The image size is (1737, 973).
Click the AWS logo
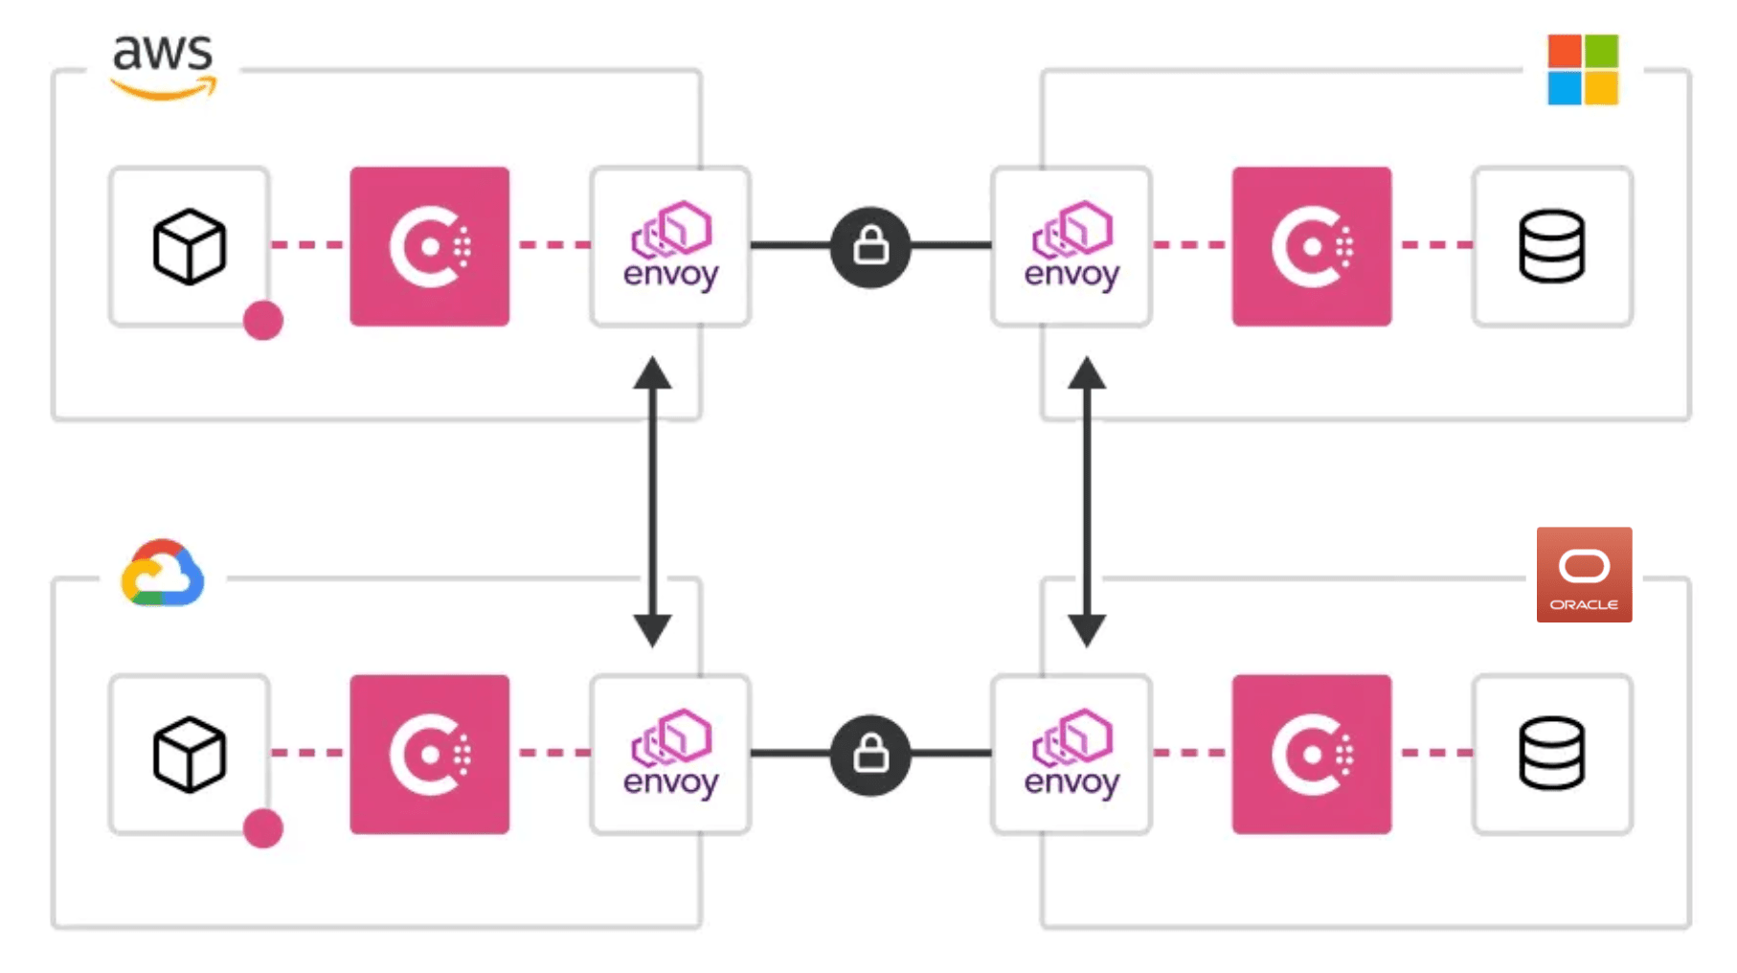(x=164, y=65)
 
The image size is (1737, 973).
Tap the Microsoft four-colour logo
(x=1583, y=69)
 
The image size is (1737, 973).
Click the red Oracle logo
(x=1584, y=575)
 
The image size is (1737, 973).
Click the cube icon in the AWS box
(x=190, y=246)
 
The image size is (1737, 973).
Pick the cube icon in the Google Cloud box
(x=190, y=754)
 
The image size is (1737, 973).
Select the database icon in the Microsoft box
(x=1551, y=246)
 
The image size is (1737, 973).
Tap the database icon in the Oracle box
(x=1551, y=754)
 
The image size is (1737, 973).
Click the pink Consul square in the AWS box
(x=429, y=246)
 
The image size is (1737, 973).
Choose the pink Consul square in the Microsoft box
(x=1311, y=246)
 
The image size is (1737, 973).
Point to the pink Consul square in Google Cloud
(x=429, y=754)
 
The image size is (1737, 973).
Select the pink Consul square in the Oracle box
(x=1311, y=754)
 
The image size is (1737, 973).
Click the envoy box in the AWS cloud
(x=670, y=246)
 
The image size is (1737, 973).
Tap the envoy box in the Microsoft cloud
(x=1072, y=246)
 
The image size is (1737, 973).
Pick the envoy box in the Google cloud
(x=670, y=754)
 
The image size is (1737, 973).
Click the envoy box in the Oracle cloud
(x=1072, y=754)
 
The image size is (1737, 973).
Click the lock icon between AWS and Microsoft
(x=870, y=246)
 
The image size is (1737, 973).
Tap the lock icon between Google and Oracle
(x=870, y=754)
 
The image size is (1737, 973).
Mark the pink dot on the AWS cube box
(x=262, y=320)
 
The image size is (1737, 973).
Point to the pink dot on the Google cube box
(x=262, y=827)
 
